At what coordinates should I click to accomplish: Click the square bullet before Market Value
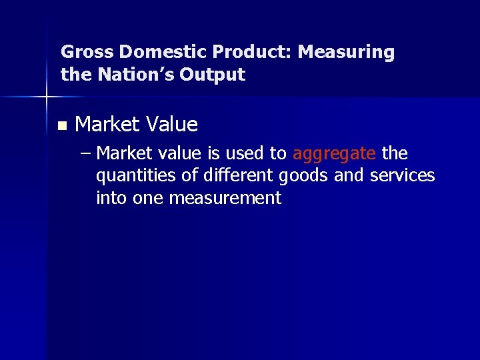point(62,125)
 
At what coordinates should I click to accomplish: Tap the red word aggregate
point(334,155)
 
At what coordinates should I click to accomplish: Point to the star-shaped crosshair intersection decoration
point(46,97)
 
